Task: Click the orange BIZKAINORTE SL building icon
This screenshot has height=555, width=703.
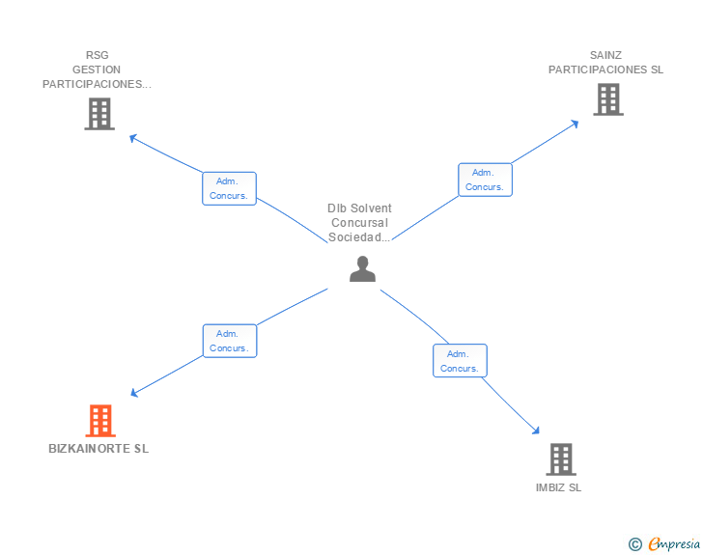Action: tap(100, 421)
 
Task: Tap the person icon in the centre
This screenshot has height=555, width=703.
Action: tap(362, 269)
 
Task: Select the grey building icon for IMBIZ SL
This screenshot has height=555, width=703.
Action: tap(560, 459)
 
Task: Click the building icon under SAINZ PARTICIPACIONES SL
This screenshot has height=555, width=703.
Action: tap(607, 99)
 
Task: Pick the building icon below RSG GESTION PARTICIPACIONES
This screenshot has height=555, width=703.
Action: tap(98, 114)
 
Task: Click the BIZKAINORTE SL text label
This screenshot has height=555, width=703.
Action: tap(98, 449)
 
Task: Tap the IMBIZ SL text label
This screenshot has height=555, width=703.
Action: tap(559, 487)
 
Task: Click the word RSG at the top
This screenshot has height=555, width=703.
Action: tap(97, 55)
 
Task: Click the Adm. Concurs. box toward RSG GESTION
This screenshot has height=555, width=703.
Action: tap(229, 188)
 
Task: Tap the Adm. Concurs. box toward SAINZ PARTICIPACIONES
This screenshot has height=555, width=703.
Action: tap(485, 180)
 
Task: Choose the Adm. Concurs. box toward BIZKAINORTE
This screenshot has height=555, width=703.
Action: tap(229, 341)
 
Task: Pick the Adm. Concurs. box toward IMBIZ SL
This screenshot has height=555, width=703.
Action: tap(459, 361)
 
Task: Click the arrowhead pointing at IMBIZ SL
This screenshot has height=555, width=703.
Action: tap(537, 432)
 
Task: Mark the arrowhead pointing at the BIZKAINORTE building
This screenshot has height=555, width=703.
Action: tap(135, 393)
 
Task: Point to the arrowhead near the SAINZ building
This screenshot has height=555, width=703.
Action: tap(575, 123)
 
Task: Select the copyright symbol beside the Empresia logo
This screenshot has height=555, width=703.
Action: tap(635, 544)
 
